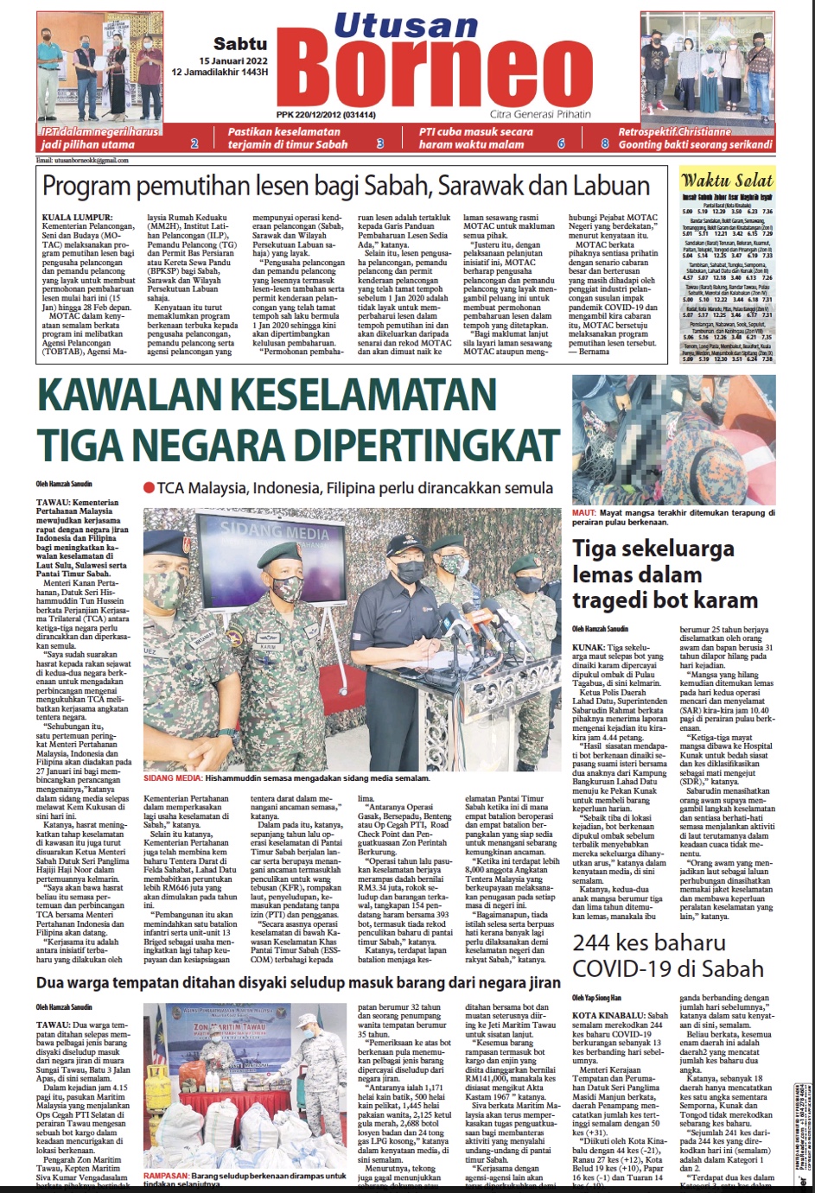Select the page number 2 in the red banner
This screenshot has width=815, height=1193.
[x=194, y=143]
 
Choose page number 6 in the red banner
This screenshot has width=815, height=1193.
[x=561, y=143]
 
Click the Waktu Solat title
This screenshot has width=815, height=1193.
[x=726, y=181]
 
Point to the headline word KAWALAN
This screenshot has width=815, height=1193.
[x=138, y=396]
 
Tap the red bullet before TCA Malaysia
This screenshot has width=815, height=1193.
[x=149, y=488]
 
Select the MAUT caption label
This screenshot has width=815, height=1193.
[x=583, y=512]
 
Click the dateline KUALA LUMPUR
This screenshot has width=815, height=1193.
[x=77, y=217]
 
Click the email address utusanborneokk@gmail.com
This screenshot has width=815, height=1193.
[x=81, y=161]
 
